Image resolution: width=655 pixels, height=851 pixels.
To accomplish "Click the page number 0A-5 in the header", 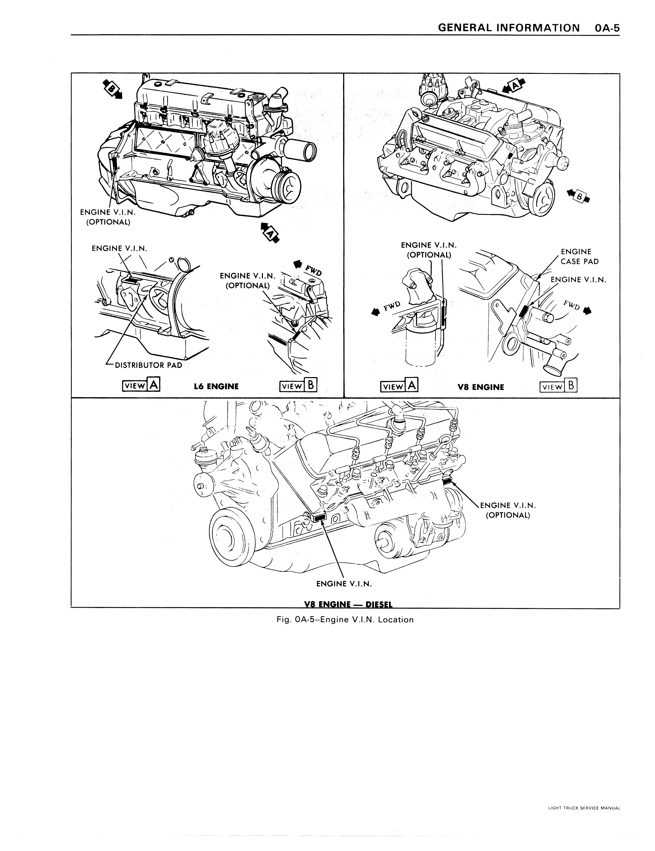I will point(606,28).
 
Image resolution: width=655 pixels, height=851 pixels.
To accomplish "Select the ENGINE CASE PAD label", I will point(579,256).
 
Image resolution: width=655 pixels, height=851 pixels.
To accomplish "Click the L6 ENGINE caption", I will point(216,387).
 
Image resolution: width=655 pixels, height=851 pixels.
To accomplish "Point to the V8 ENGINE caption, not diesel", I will point(481,387).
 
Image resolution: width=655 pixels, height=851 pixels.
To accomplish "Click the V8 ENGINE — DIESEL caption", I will point(348,604).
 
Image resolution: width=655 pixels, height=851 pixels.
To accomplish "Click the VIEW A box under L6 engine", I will point(141,385).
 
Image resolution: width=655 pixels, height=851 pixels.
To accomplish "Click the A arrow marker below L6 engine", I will point(270,233).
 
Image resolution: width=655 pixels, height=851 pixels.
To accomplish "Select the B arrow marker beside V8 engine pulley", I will point(579,196).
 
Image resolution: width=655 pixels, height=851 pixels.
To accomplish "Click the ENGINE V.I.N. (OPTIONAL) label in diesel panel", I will point(508,510).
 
